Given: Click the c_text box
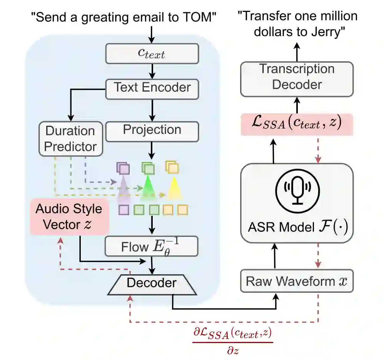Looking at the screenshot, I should [152, 53].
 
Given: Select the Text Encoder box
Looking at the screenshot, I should [152, 87].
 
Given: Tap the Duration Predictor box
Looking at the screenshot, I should [70, 138].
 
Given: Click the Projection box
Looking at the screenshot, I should [152, 130].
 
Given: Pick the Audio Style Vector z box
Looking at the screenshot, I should [69, 217].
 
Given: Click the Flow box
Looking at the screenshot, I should [151, 246].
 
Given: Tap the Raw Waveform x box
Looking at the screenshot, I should [296, 281].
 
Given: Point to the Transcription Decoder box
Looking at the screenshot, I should [296, 77].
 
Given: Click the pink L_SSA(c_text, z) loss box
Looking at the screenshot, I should [296, 125].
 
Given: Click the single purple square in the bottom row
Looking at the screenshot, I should [124, 210].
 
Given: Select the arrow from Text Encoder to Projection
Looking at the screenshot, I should [153, 109].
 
